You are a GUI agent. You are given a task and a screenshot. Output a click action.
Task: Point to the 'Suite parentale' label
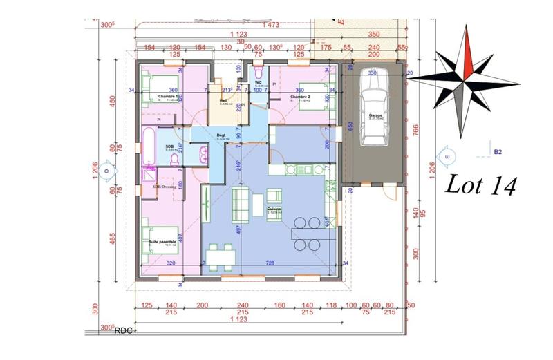point(161,242)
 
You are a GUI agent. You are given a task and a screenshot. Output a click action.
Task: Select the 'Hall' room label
point(223,100)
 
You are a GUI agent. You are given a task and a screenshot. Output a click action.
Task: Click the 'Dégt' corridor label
point(222,135)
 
